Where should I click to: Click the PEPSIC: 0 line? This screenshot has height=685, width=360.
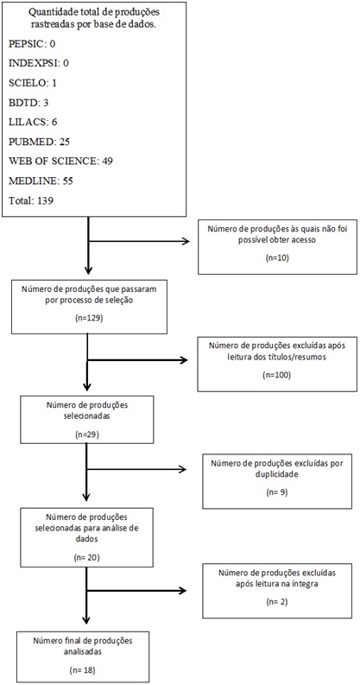[32, 44]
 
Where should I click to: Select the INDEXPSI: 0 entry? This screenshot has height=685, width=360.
[39, 63]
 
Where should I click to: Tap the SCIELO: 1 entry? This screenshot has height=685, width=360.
[32, 83]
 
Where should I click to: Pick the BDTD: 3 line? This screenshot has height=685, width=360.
[29, 103]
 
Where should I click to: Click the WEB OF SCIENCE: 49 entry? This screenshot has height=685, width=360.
[61, 162]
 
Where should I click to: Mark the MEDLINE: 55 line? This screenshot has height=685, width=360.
[41, 181]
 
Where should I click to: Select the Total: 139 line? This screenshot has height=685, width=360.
[30, 201]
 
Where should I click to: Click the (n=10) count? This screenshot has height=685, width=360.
[277, 257]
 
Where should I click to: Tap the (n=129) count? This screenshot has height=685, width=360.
[89, 318]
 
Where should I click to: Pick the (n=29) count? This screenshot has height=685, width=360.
[87, 434]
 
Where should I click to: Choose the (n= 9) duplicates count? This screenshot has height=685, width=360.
[276, 492]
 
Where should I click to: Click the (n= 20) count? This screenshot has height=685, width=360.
[87, 558]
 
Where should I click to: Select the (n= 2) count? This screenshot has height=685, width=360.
[276, 601]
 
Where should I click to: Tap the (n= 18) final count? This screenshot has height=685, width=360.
[82, 669]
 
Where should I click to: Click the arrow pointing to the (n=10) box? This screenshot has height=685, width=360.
[139, 241]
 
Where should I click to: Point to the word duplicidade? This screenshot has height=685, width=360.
[277, 474]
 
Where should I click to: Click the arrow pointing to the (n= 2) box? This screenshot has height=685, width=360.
[136, 591]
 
